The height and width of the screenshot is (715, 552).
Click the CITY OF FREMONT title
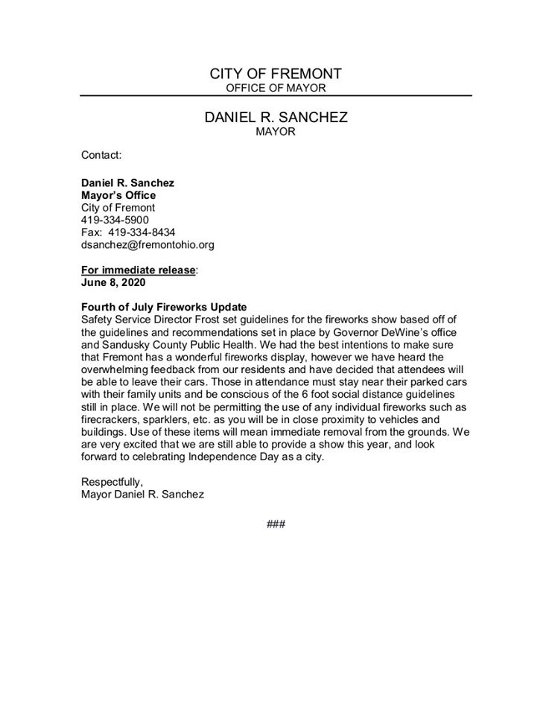276,74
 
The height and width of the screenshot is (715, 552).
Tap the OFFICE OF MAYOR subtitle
276,89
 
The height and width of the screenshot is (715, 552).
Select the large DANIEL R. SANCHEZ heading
276,118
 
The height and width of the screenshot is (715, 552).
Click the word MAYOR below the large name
276,132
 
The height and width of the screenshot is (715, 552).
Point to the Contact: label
101,156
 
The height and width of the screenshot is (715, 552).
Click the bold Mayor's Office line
118,195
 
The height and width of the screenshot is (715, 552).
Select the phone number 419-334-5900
115,220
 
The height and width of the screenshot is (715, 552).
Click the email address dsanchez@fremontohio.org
147,244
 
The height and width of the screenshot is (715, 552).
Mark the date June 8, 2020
112,282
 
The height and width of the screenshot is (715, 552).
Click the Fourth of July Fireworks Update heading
163,308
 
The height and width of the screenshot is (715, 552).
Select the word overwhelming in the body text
113,369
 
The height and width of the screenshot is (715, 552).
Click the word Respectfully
111,482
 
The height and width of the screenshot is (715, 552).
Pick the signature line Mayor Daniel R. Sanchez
142,495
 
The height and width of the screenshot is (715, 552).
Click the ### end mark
276,524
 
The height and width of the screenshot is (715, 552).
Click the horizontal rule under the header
276,96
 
